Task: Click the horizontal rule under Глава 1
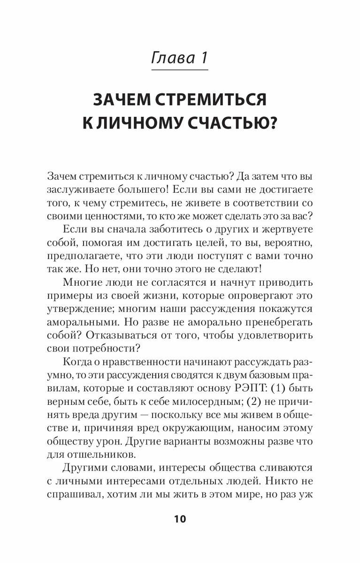click(x=180, y=70)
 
